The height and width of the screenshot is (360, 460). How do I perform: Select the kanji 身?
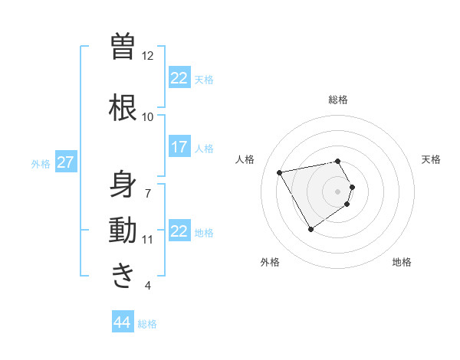123,184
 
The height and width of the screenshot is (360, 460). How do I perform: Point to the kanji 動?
123,231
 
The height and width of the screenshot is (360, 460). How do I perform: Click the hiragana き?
123,275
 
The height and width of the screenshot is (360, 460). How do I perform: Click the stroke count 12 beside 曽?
147,56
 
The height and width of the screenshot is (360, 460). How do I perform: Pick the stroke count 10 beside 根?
147,116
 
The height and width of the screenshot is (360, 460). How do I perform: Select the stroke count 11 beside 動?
147,240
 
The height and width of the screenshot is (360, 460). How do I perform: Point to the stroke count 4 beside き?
147,286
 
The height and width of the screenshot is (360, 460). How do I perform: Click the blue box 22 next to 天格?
179,78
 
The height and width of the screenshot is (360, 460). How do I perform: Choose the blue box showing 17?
179,147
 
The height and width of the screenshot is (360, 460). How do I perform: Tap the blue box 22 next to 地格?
179,231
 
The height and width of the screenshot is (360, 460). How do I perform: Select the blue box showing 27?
66,162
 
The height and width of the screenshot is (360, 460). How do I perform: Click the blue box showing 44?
123,322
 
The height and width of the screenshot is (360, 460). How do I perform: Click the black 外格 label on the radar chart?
270,262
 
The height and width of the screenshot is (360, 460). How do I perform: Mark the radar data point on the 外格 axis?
310,229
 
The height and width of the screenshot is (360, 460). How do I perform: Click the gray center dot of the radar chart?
338,191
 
